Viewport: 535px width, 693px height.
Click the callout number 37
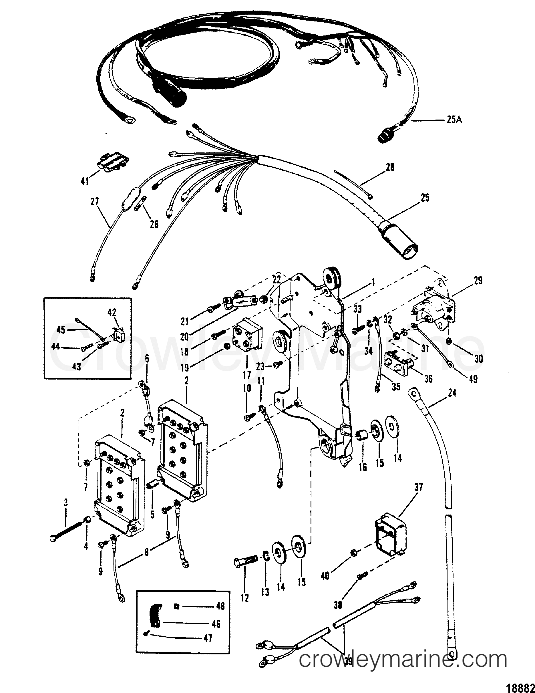point(419,488)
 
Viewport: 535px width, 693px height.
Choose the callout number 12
point(245,598)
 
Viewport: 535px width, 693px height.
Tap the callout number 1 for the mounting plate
point(374,281)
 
